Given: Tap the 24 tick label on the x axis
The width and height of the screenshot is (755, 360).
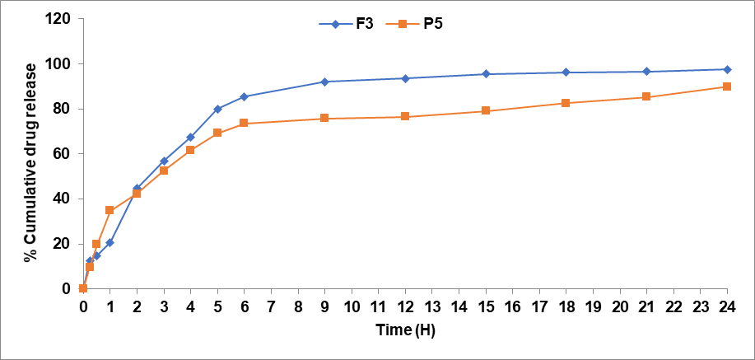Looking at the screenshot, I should [727, 306].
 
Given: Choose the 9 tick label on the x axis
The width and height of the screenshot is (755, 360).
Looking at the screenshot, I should [324, 306].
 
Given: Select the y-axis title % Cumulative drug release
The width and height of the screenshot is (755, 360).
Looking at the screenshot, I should [30, 153].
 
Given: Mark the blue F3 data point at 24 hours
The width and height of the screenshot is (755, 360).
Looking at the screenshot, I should [727, 69].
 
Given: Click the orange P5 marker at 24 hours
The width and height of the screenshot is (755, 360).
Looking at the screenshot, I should [727, 86].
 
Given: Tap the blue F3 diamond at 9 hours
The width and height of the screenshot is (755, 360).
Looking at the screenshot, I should [324, 82].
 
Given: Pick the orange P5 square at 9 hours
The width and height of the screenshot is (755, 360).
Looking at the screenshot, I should [324, 119].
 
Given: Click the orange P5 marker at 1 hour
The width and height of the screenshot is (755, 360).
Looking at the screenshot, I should [110, 210].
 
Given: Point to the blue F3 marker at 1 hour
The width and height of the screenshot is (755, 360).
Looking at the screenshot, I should [110, 242].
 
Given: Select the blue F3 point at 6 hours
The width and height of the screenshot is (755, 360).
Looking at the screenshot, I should [244, 96].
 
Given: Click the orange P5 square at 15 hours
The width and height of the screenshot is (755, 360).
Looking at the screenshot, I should [486, 110].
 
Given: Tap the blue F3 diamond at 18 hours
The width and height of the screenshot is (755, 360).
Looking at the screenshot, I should [566, 72].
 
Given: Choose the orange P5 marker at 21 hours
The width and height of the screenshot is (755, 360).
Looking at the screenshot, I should [646, 97].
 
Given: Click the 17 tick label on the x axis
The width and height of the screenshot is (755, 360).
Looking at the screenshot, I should [539, 306].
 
